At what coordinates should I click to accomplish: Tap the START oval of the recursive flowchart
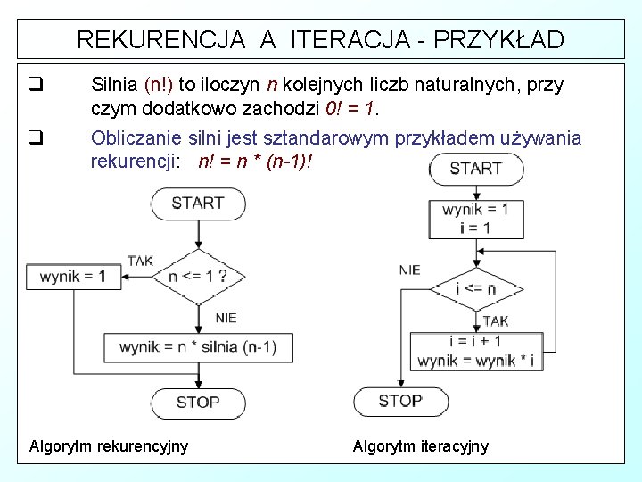pos(198,204)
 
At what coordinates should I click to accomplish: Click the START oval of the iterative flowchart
pos(475,169)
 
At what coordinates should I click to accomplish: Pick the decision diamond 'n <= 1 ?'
pos(198,277)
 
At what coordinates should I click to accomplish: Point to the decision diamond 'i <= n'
pos(475,288)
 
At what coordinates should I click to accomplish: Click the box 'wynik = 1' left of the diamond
pos(72,277)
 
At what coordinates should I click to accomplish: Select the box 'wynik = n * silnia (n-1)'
pos(198,347)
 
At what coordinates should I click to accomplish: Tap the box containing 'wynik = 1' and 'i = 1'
pos(475,219)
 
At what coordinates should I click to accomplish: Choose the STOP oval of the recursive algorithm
pos(198,403)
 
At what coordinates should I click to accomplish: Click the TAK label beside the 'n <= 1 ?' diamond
pos(140,261)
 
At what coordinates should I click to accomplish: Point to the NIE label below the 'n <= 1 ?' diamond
pos(226,318)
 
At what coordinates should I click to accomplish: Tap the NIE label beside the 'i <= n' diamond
pos(409,270)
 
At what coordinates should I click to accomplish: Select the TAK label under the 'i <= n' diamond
pos(496,321)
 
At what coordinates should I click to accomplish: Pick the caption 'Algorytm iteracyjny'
pos(421,445)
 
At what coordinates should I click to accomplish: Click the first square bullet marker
pos(36,87)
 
